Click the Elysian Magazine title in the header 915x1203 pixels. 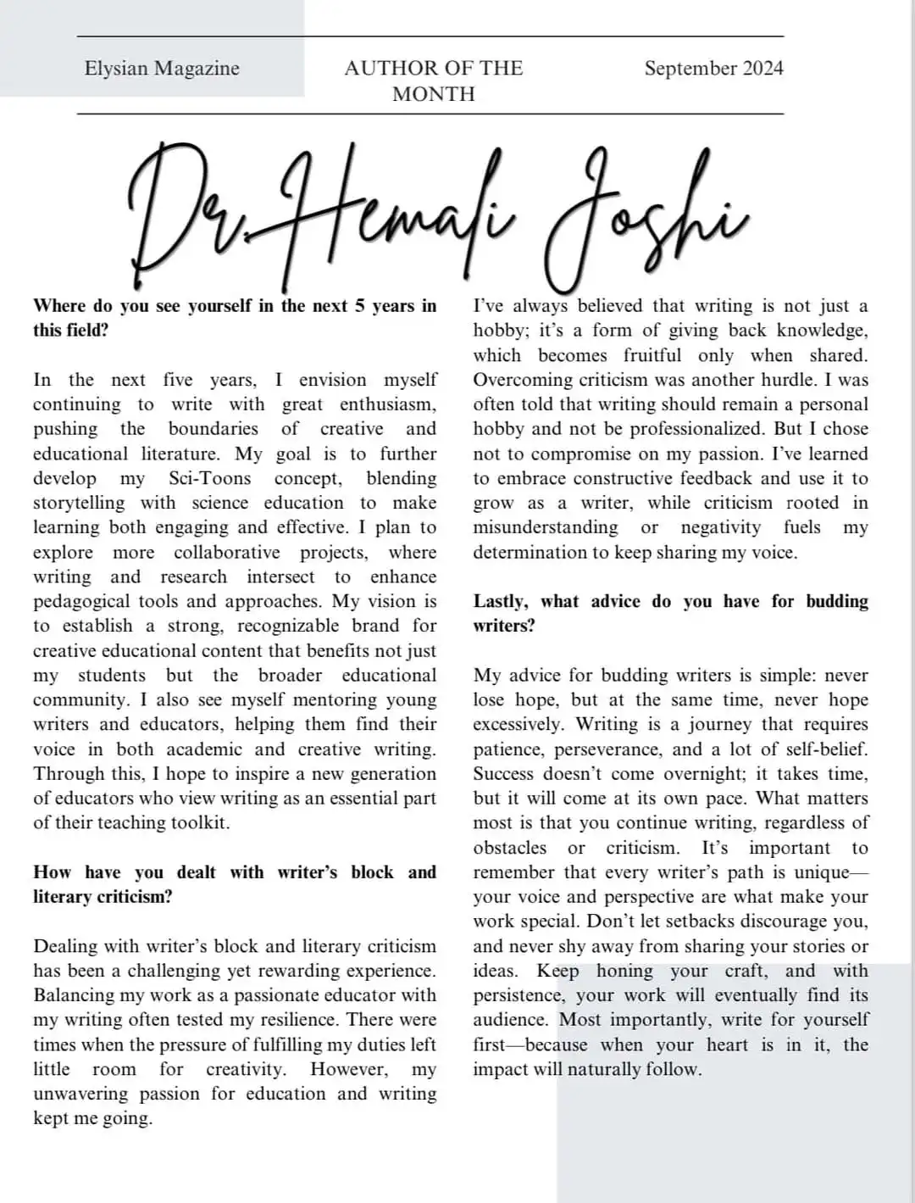click(162, 69)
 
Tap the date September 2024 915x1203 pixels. click(713, 69)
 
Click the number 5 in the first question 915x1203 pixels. click(360, 306)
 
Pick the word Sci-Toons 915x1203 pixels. click(209, 478)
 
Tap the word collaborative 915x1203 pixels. click(227, 553)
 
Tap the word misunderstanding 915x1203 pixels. click(546, 527)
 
